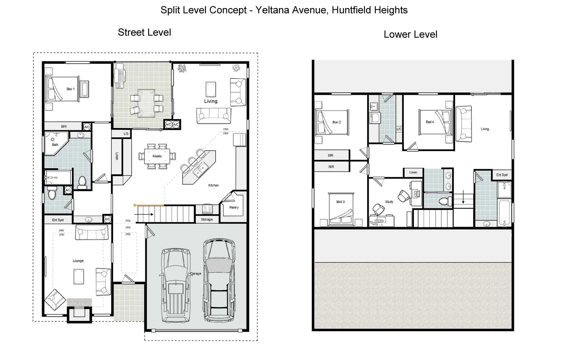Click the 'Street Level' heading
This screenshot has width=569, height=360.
(x=144, y=32)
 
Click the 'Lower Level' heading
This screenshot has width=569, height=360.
(x=410, y=34)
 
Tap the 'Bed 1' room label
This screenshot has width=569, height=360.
(x=70, y=89)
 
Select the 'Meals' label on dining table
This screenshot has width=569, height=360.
(x=157, y=156)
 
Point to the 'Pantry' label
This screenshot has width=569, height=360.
(x=234, y=207)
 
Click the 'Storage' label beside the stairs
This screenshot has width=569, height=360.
(x=207, y=219)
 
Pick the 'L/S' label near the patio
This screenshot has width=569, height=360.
(x=126, y=134)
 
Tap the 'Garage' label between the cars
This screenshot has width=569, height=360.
(x=196, y=273)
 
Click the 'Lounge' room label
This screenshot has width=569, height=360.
(x=78, y=261)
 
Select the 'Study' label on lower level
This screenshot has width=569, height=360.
(x=389, y=202)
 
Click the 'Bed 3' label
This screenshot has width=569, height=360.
(x=340, y=202)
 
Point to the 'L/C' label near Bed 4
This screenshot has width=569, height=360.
(x=399, y=129)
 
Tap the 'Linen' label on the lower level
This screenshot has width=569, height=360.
(x=413, y=172)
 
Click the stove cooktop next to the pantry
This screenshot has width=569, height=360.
(x=207, y=209)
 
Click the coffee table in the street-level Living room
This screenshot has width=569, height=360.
(x=210, y=89)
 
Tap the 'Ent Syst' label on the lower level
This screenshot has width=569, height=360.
(x=502, y=175)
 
